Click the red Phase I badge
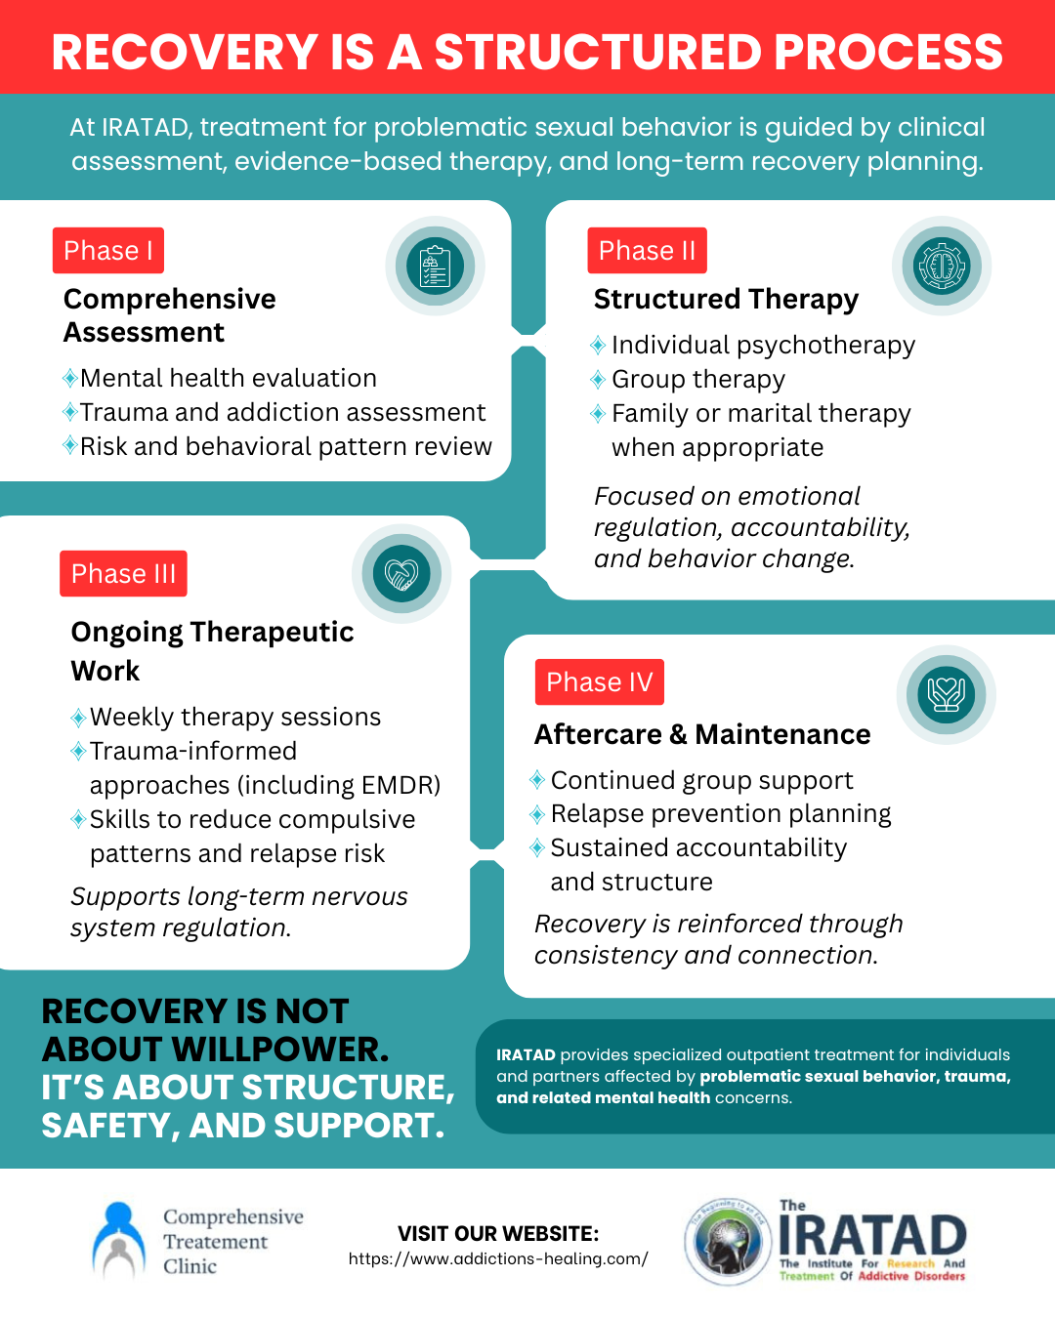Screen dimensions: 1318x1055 [107, 251]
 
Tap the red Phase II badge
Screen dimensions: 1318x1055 [647, 251]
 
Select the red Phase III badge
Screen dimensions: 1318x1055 [123, 574]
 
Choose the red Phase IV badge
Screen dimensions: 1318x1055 [599, 682]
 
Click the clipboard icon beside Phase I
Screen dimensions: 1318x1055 [435, 266]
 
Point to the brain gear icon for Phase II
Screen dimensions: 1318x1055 [942, 266]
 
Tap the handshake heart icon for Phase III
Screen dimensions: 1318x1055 [401, 574]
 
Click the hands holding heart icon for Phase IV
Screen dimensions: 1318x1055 [946, 694]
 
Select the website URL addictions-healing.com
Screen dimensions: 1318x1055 [498, 1259]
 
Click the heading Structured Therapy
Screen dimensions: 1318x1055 [726, 299]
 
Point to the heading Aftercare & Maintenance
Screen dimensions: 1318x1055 [701, 734]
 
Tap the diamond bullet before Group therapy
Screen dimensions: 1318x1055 [598, 380]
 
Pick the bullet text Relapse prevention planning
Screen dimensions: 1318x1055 [721, 814]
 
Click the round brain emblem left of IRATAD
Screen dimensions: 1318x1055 [728, 1242]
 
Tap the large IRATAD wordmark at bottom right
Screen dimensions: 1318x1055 [872, 1237]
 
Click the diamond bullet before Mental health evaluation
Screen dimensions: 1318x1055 [70, 379]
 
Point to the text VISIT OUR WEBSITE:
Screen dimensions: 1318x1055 [498, 1234]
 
